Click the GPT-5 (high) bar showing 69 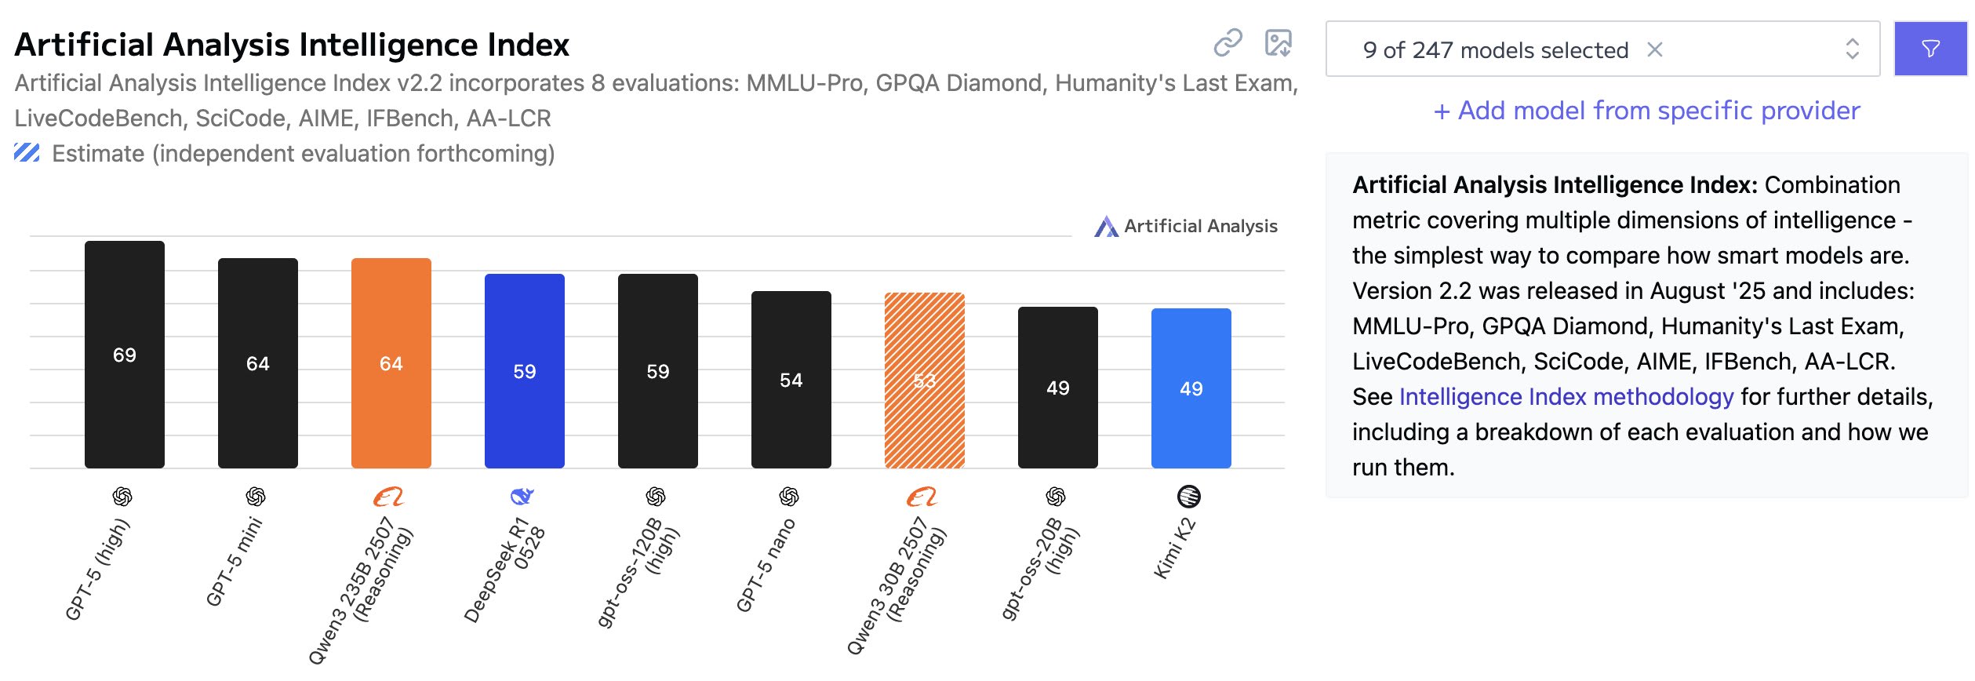pyautogui.click(x=125, y=355)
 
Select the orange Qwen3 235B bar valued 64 pyautogui.click(x=391, y=363)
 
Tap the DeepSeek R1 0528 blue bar pyautogui.click(x=525, y=371)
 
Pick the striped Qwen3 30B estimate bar pyautogui.click(x=925, y=381)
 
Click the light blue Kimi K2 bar pyautogui.click(x=1191, y=388)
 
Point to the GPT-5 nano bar pyautogui.click(x=791, y=380)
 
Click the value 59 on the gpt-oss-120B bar pyautogui.click(x=658, y=372)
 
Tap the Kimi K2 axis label pyautogui.click(x=1175, y=549)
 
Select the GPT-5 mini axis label pyautogui.click(x=234, y=562)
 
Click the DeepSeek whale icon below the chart pyautogui.click(x=522, y=497)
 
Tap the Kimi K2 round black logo pyautogui.click(x=1189, y=497)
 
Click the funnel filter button pyautogui.click(x=1931, y=49)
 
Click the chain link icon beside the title pyautogui.click(x=1228, y=43)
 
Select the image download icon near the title pyautogui.click(x=1278, y=43)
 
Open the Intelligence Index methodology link pyautogui.click(x=1566, y=397)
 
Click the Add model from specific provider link pyautogui.click(x=1646, y=111)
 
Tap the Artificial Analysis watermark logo pyautogui.click(x=1107, y=227)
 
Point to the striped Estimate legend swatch pyautogui.click(x=27, y=153)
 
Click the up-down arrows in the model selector pyautogui.click(x=1853, y=49)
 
